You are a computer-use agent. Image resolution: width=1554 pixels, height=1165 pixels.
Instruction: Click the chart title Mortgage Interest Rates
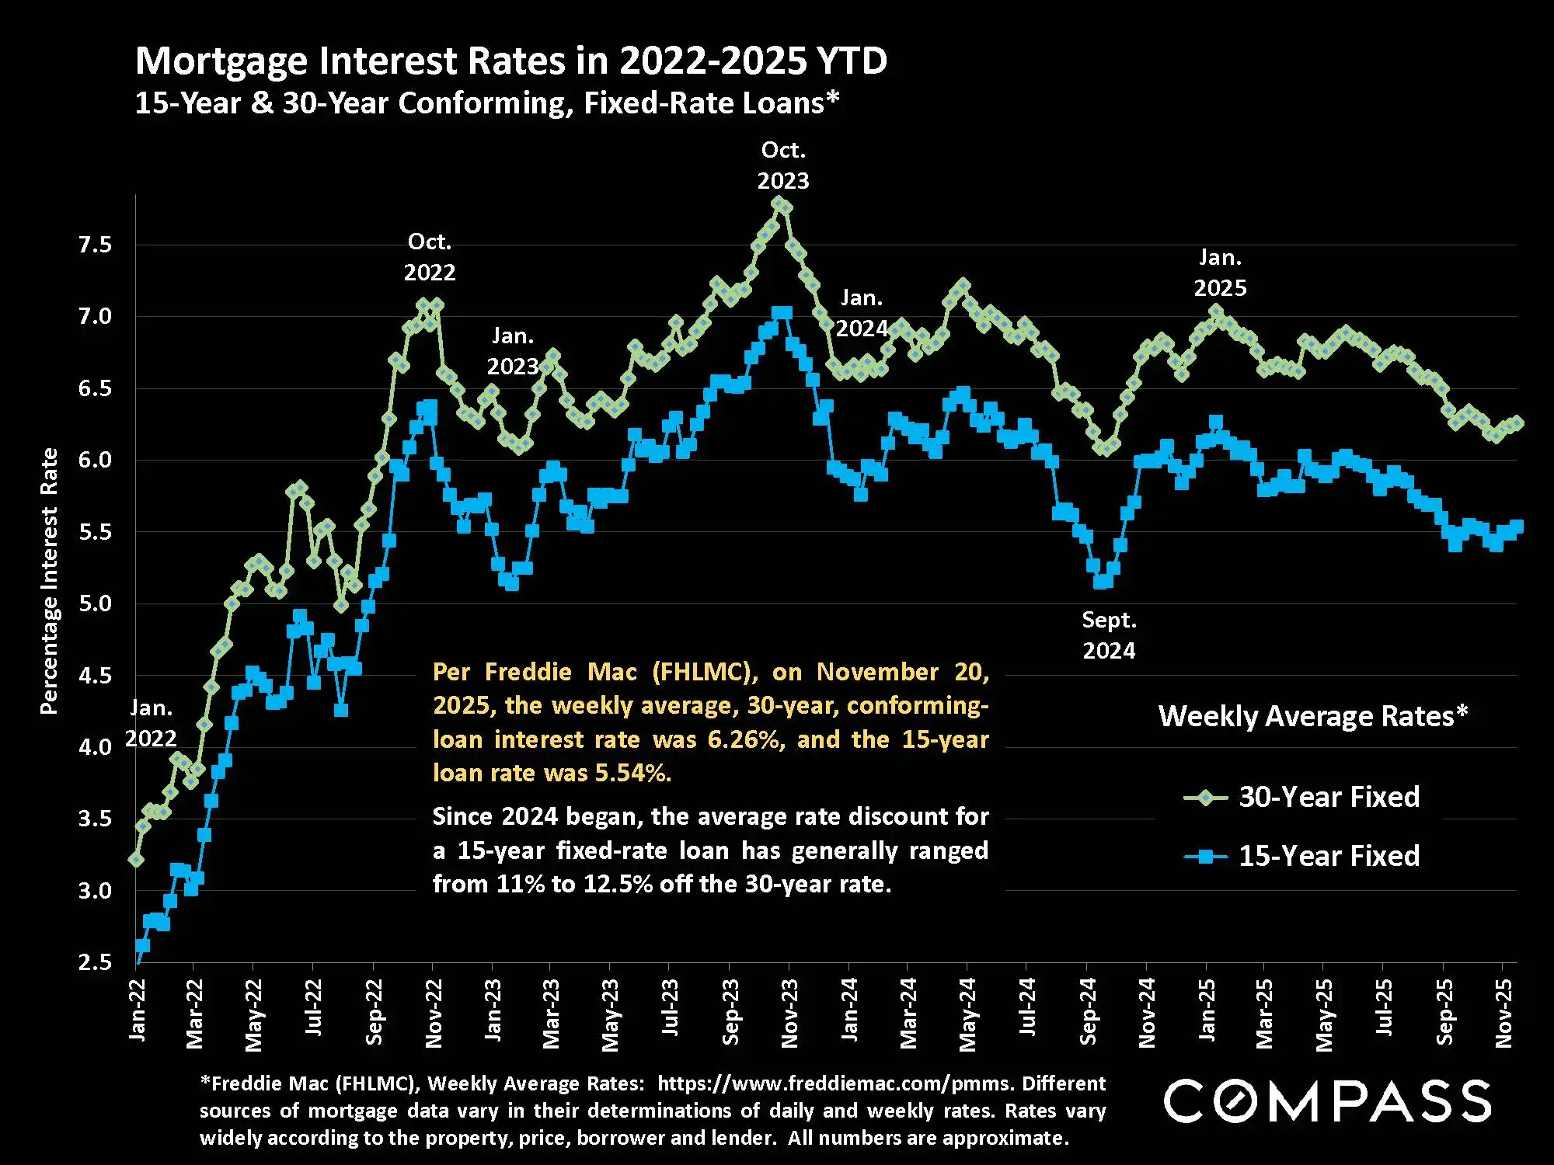click(510, 61)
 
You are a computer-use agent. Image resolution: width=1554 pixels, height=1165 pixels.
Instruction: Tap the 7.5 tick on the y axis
click(95, 245)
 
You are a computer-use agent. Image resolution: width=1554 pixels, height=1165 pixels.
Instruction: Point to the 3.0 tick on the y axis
click(95, 891)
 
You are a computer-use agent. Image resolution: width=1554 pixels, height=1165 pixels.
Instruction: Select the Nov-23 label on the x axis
click(789, 1013)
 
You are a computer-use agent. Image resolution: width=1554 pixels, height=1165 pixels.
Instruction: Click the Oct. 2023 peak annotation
click(783, 165)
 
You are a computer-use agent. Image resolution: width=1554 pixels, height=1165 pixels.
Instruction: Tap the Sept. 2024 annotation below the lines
click(1109, 635)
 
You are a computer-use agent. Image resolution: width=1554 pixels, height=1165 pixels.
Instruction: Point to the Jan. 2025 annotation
click(1220, 273)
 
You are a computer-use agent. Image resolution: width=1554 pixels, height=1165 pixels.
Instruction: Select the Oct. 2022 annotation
click(430, 257)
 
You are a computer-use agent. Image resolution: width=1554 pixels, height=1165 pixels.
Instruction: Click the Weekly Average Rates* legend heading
click(1313, 716)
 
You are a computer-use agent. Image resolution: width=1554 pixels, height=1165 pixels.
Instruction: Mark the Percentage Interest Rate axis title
click(49, 581)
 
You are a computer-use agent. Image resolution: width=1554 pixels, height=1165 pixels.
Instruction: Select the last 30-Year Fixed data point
click(1516, 423)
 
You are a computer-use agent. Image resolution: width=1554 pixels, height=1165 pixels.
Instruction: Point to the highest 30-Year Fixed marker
click(778, 203)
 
